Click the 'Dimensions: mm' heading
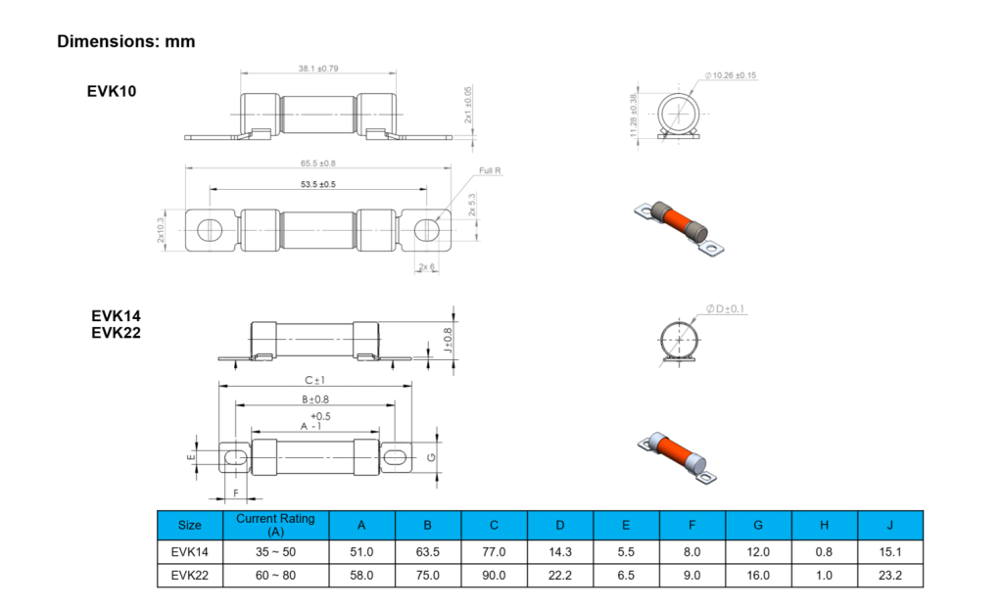[125, 41]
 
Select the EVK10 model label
[112, 91]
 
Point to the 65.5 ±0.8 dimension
[318, 163]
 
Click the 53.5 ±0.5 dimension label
[318, 184]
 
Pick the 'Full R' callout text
[490, 170]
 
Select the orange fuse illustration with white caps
[677, 456]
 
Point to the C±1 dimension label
[314, 380]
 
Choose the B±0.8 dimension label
[314, 399]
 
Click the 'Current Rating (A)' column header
[275, 525]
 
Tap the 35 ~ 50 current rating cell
[275, 551]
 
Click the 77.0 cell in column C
[493, 551]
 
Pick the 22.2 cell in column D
[559, 576]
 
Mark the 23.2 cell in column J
[890, 576]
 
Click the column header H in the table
[824, 525]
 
